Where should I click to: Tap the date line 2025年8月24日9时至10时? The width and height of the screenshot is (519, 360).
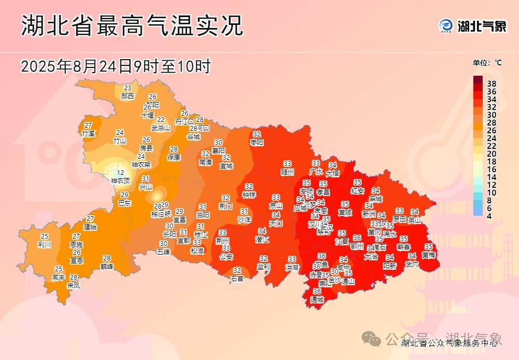(115, 66)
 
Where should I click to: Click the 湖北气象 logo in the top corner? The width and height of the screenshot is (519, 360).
(472, 26)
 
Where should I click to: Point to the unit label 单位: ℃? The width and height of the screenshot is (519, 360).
(487, 63)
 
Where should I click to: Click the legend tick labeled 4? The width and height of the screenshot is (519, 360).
(488, 216)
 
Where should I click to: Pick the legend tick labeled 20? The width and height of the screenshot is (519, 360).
(491, 154)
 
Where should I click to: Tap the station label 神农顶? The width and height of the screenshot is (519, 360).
(120, 181)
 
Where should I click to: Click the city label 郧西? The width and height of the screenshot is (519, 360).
(128, 96)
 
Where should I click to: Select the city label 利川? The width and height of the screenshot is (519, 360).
(45, 244)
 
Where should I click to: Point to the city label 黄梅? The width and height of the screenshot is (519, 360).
(429, 255)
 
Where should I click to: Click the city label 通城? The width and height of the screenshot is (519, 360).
(317, 300)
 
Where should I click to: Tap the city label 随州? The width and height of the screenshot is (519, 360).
(288, 172)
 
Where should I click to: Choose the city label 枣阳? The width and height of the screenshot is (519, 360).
(257, 142)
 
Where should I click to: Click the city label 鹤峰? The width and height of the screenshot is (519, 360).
(107, 266)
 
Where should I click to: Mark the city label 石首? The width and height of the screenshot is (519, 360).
(237, 279)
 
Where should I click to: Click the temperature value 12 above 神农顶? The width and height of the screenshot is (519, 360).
(120, 173)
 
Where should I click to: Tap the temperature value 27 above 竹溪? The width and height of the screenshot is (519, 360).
(89, 125)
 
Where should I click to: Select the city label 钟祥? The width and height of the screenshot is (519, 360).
(249, 195)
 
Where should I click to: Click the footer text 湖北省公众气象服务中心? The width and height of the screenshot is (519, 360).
(449, 343)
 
